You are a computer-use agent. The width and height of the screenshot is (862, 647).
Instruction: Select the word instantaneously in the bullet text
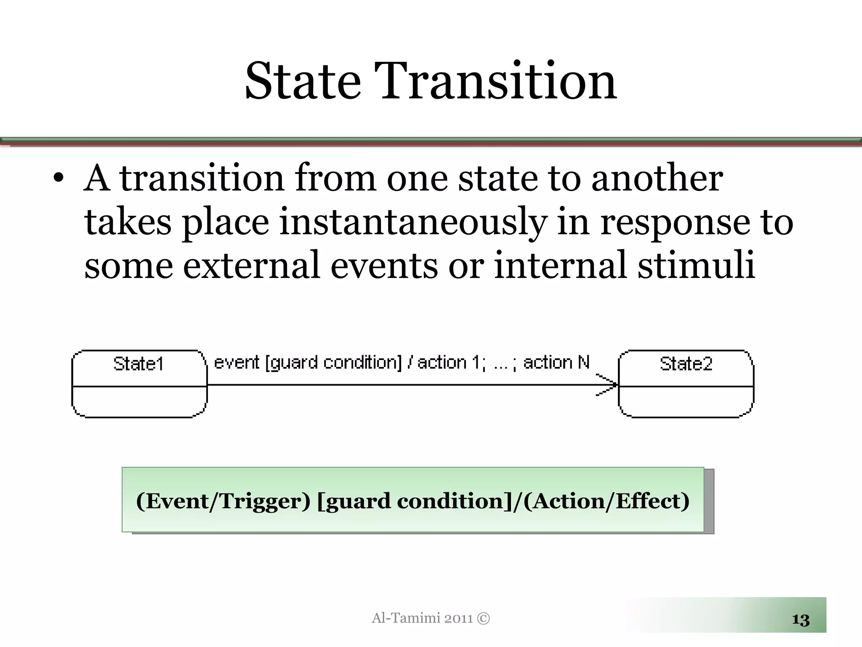[413, 222]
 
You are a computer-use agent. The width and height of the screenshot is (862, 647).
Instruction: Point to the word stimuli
[696, 265]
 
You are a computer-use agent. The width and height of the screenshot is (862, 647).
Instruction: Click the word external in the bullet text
[251, 265]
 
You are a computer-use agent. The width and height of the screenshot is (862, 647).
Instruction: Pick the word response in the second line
[675, 222]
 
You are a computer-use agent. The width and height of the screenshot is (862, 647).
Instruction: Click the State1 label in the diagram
[138, 364]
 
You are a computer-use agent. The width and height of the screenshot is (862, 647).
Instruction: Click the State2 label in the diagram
[686, 364]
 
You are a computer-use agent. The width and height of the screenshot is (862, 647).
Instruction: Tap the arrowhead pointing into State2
[608, 385]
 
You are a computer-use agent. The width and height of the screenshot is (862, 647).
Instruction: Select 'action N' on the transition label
[556, 363]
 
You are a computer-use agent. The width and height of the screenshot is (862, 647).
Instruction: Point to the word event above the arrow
[237, 363]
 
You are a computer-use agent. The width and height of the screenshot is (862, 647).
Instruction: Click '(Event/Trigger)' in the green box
[223, 501]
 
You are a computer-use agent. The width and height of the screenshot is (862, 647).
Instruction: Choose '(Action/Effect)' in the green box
[606, 501]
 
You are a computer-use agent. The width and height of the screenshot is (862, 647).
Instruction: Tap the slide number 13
[801, 620]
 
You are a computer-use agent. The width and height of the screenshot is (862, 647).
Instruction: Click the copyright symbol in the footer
[484, 618]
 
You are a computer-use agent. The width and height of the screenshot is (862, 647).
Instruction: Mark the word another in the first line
[657, 179]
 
